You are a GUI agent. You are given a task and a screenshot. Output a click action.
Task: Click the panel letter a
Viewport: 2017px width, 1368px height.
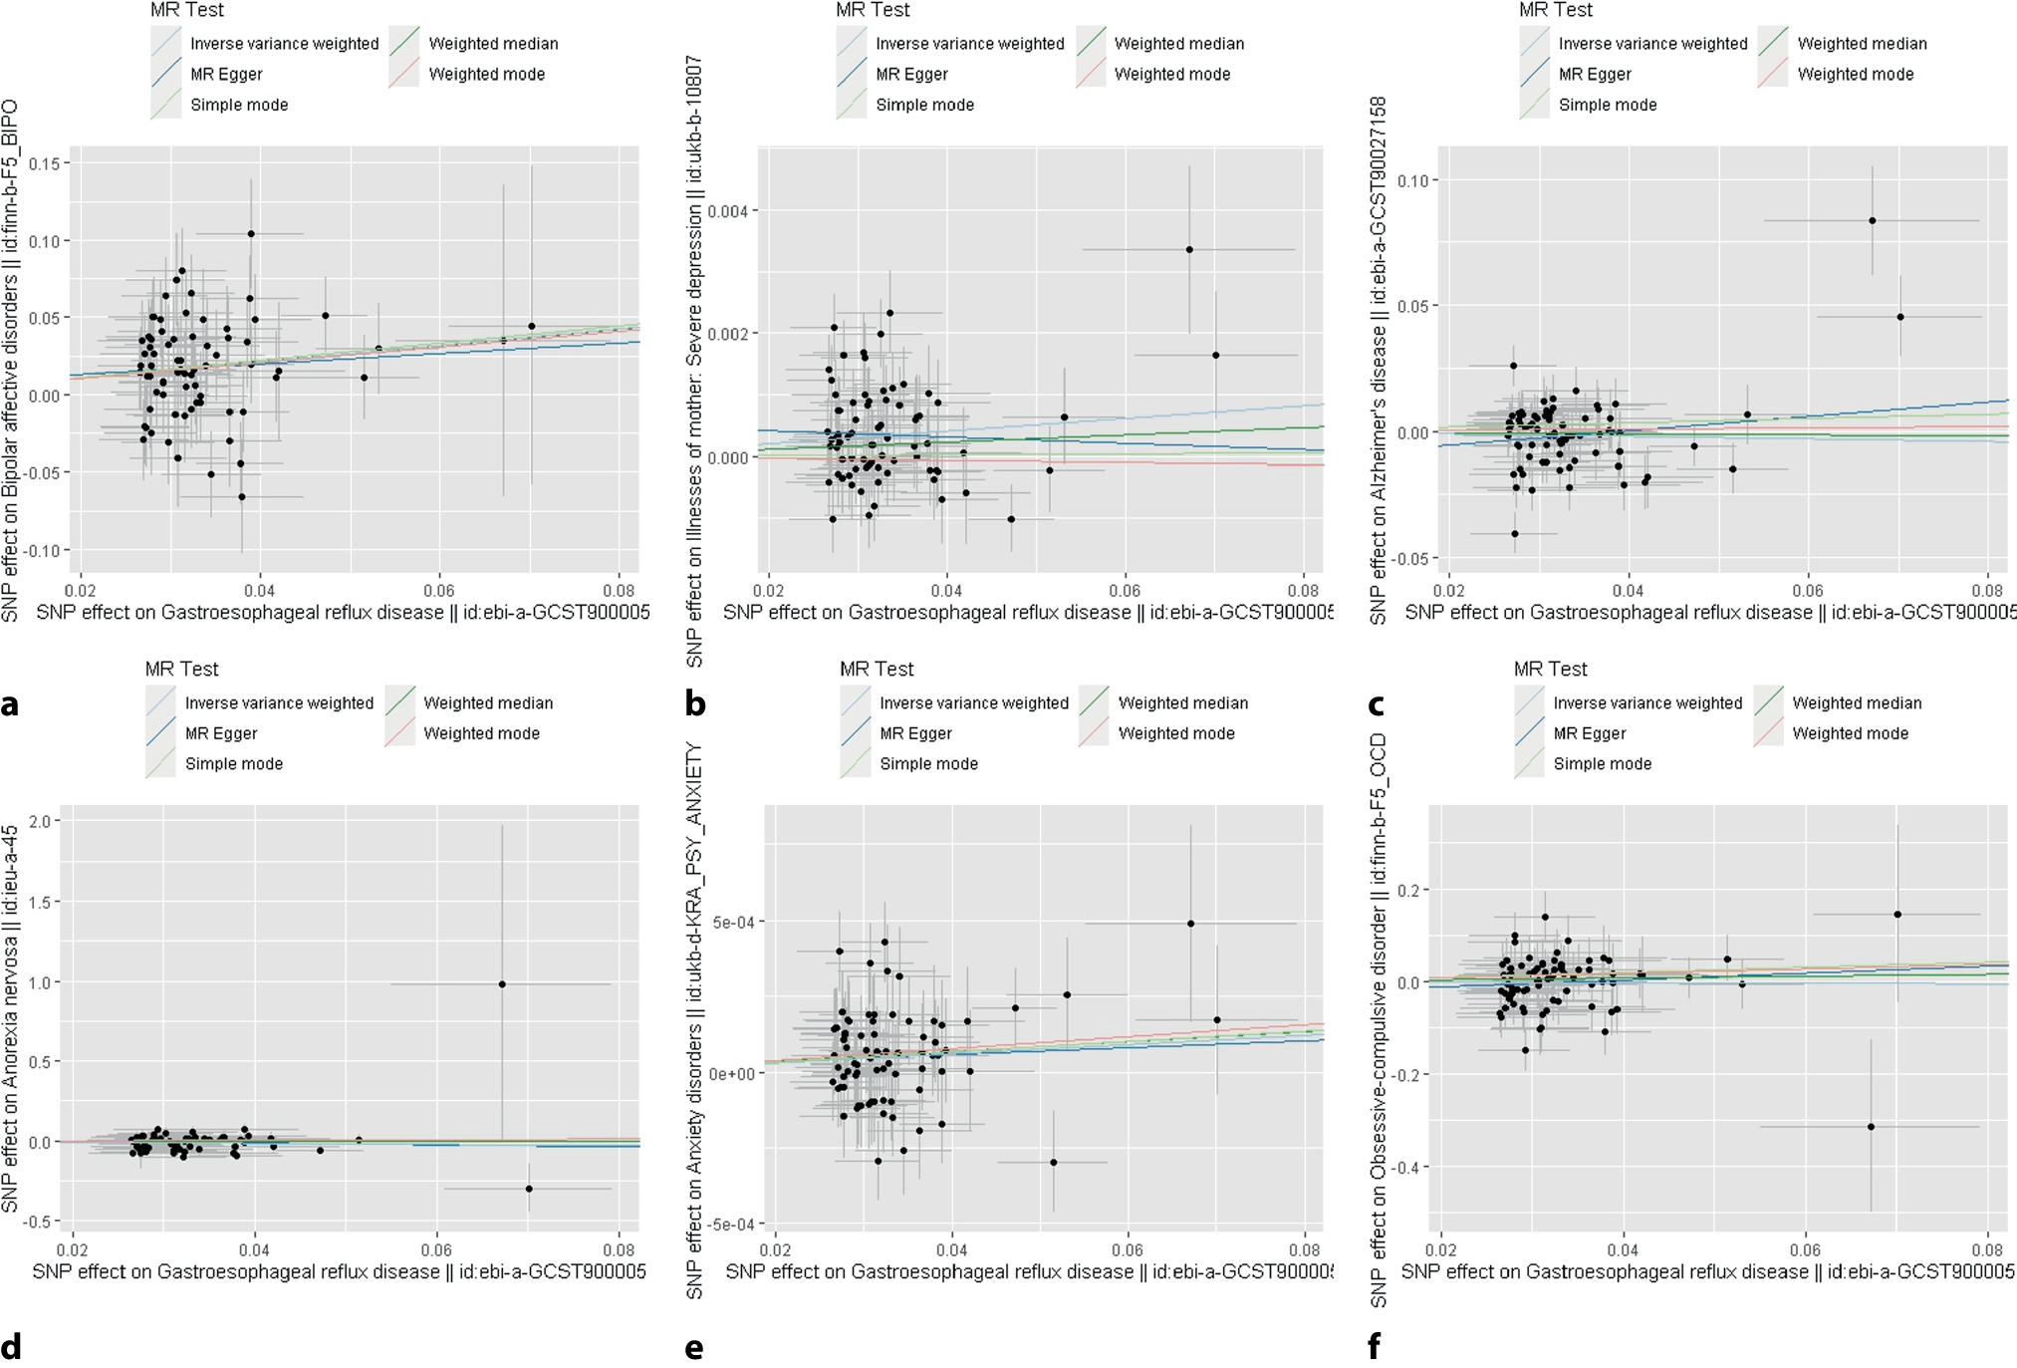pos(10,704)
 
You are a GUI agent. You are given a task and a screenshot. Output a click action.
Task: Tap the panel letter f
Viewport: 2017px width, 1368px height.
pos(1375,1346)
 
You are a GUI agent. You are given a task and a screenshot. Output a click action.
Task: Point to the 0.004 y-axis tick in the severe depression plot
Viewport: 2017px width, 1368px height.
pos(727,211)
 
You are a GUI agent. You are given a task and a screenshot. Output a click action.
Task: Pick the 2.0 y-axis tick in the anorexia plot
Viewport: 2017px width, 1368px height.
pos(40,821)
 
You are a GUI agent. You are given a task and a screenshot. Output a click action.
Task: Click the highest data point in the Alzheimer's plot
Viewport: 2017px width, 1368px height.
pos(1873,220)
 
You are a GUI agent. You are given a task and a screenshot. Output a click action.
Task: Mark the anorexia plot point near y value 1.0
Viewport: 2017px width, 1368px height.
pos(502,984)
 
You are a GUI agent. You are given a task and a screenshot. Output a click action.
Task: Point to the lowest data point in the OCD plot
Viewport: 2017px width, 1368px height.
pos(1871,1127)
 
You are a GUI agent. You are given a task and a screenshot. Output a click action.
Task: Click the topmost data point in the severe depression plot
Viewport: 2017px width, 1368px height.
pos(1189,249)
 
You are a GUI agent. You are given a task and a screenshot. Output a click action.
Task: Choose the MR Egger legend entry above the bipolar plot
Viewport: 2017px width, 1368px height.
pos(226,74)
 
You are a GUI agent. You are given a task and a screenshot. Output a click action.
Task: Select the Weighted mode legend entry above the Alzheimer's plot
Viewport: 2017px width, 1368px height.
pos(1855,74)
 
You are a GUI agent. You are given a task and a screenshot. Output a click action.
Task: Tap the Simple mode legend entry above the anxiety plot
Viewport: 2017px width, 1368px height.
pos(928,763)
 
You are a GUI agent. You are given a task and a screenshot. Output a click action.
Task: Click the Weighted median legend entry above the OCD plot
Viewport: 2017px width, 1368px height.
pos(1857,702)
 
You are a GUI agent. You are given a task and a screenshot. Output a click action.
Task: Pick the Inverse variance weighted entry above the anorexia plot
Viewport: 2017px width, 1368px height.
pos(279,702)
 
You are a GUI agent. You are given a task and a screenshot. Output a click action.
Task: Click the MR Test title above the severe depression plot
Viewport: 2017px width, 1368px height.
pos(873,10)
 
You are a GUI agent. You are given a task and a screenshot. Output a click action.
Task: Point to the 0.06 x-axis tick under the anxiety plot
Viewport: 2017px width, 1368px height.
pos(1128,1249)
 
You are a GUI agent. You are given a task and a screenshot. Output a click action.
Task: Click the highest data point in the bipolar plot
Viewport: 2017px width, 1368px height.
pos(251,234)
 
